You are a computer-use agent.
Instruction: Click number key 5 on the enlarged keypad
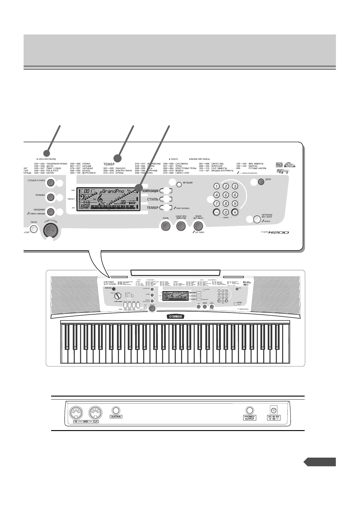pyautogui.click(x=225, y=195)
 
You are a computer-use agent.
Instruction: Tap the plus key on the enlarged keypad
pyautogui.click(x=235, y=212)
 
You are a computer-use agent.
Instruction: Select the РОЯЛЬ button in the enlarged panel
pyautogui.click(x=165, y=226)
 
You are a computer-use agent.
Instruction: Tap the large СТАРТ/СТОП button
pyautogui.click(x=50, y=230)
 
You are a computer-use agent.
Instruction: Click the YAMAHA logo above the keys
pyautogui.click(x=176, y=316)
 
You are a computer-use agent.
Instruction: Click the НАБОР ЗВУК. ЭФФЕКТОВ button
pyautogui.click(x=181, y=226)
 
